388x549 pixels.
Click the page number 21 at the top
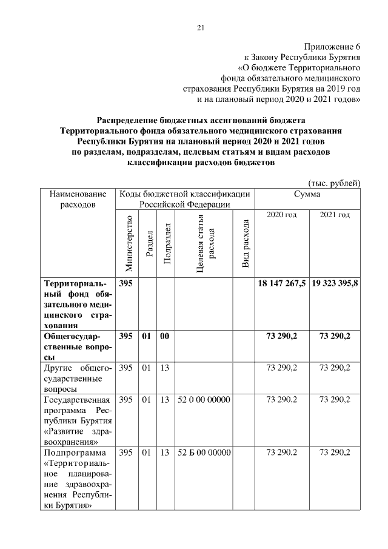coord(201,27)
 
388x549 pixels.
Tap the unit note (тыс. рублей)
coord(335,183)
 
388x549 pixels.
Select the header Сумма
coord(307,194)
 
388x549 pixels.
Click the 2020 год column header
coord(282,215)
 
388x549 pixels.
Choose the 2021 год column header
coord(335,215)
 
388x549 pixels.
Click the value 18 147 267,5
coord(282,283)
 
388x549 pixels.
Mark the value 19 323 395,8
coord(335,283)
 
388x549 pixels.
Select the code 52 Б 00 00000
coord(204,453)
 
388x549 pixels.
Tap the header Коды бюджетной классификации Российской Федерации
coord(184,199)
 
